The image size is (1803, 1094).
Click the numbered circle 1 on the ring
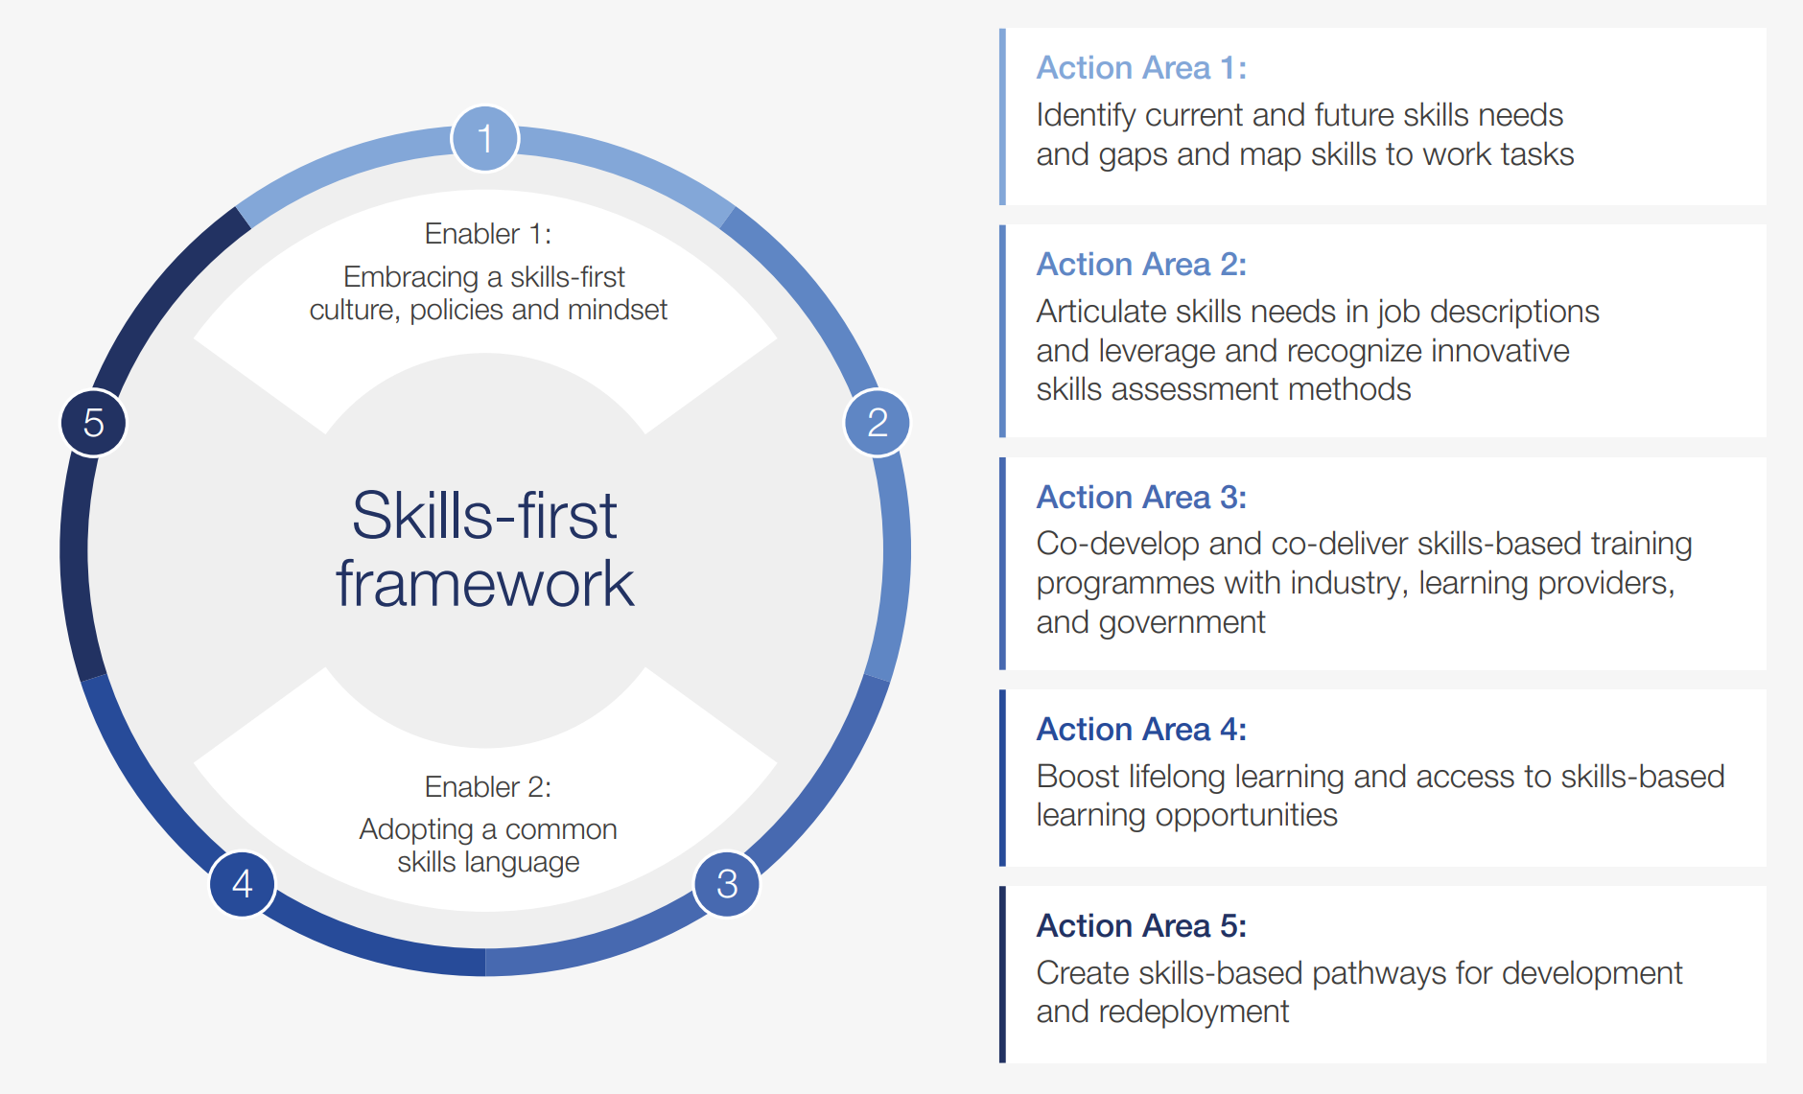coord(485,138)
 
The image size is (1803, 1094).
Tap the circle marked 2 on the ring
coord(878,423)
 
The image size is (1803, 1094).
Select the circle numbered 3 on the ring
coord(727,884)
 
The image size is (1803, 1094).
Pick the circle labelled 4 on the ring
coord(243,884)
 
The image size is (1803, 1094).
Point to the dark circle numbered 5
coord(94,423)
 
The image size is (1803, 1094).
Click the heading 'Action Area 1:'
coord(1141,68)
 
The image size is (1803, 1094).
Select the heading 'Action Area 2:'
coord(1141,265)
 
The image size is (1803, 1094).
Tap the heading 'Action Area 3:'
coord(1141,498)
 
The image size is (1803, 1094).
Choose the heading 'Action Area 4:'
coord(1141,730)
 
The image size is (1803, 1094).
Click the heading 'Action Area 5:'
coord(1141,926)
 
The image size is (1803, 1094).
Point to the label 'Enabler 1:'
coord(488,234)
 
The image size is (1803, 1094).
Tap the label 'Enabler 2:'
coord(488,787)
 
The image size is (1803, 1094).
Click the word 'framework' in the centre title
coord(485,584)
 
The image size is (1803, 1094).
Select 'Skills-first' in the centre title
coord(484,516)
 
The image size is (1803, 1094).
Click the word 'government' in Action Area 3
coord(1182,623)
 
